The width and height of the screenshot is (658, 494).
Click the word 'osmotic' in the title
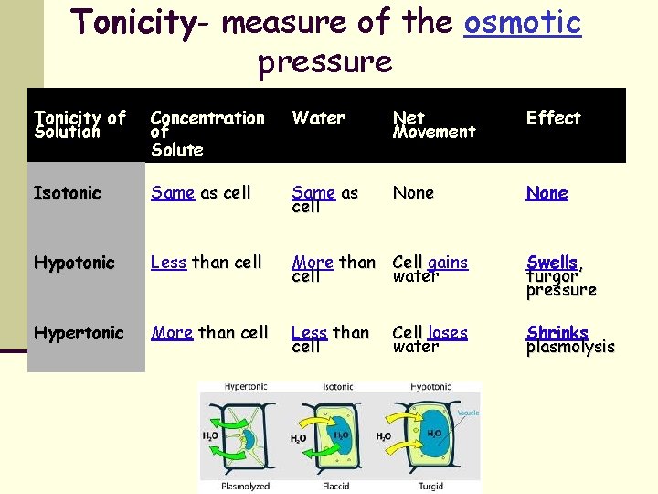[x=522, y=22]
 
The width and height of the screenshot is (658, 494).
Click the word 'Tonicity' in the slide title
[x=133, y=23]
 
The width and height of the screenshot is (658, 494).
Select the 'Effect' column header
[x=553, y=118]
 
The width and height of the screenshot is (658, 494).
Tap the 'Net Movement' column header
[x=434, y=124]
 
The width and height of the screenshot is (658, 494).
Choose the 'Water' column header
[x=319, y=118]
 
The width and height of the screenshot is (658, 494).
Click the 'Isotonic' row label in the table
[x=67, y=193]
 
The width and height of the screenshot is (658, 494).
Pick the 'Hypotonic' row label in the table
[x=74, y=263]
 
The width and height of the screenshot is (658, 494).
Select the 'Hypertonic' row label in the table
[x=79, y=333]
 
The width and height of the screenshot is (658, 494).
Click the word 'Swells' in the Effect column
[x=551, y=263]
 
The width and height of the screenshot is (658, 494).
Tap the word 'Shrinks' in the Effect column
[x=557, y=333]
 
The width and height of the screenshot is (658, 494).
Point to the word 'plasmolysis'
[x=570, y=348]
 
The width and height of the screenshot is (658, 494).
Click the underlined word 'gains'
[x=448, y=263]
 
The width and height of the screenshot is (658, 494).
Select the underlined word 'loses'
[x=448, y=333]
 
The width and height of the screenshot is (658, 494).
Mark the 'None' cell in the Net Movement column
[x=413, y=193]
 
